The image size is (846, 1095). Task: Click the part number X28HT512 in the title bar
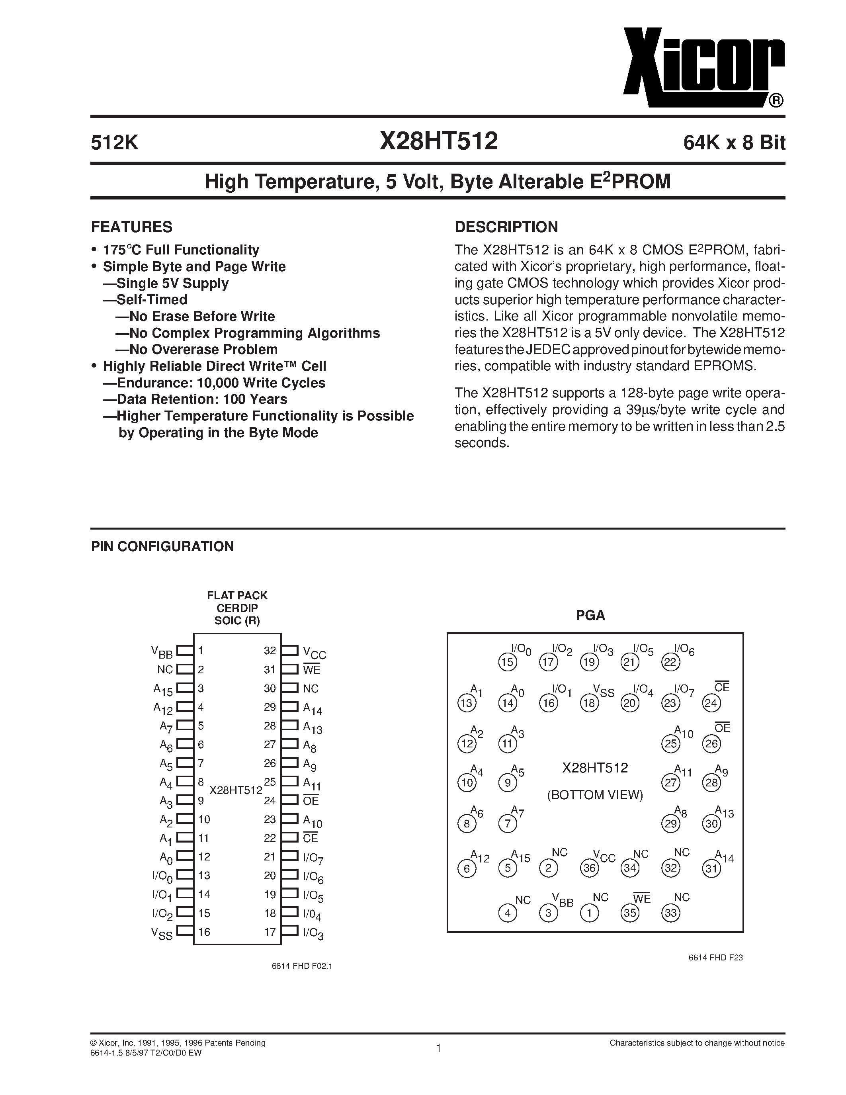click(x=439, y=141)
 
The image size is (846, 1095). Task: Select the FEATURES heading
click(x=131, y=227)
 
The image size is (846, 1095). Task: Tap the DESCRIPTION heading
click(x=506, y=227)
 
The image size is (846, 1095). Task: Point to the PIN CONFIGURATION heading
click(x=162, y=546)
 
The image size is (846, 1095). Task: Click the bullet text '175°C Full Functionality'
click(x=181, y=250)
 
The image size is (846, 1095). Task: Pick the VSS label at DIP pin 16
click(x=162, y=933)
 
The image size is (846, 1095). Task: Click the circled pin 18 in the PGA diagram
click(x=589, y=703)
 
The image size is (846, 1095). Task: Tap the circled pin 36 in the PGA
click(x=589, y=868)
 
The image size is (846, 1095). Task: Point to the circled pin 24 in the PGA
click(x=711, y=703)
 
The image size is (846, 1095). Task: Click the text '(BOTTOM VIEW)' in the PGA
click(x=594, y=795)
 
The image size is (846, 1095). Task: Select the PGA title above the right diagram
click(x=590, y=615)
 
